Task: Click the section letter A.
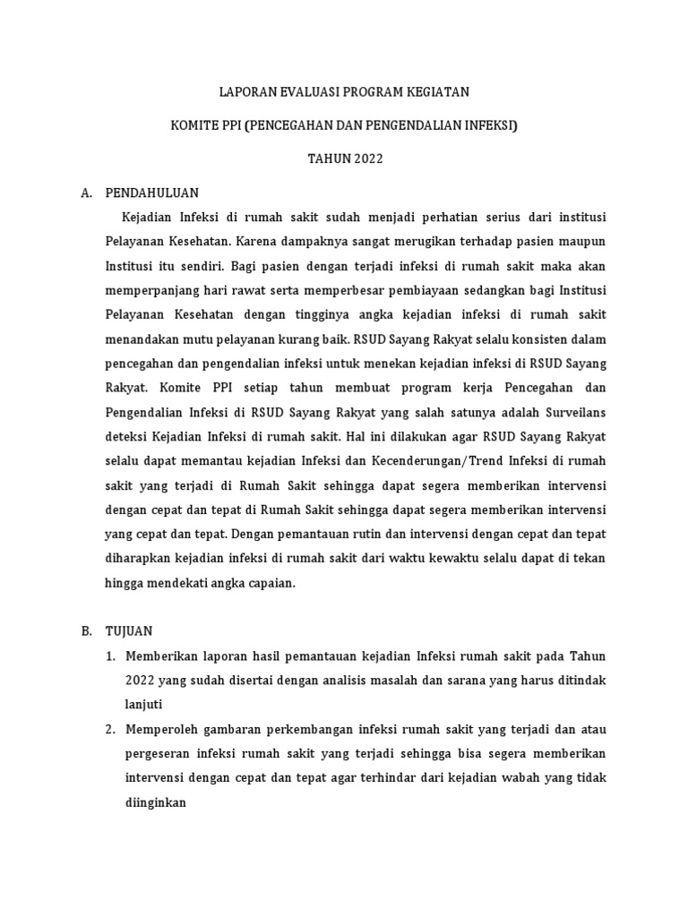pos(86,193)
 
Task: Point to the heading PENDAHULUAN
pos(152,193)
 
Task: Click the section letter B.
pos(86,630)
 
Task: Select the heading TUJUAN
pos(130,630)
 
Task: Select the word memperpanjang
pos(150,291)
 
